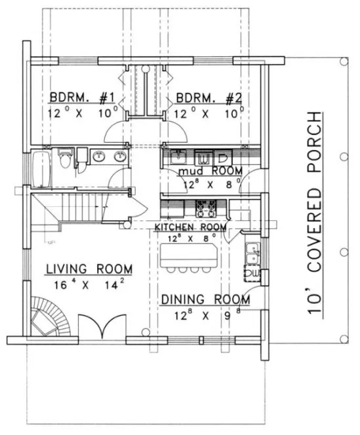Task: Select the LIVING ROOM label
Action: tap(89, 269)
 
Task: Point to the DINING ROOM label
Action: tap(205, 299)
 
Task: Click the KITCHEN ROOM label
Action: tap(191, 227)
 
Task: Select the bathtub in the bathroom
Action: tap(40, 168)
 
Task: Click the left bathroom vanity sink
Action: tap(100, 157)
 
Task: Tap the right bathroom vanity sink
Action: tap(120, 157)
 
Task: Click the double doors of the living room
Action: tap(101, 326)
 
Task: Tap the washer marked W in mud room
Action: tap(203, 158)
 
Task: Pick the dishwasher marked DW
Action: tap(252, 273)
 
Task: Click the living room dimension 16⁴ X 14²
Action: tap(89, 286)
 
